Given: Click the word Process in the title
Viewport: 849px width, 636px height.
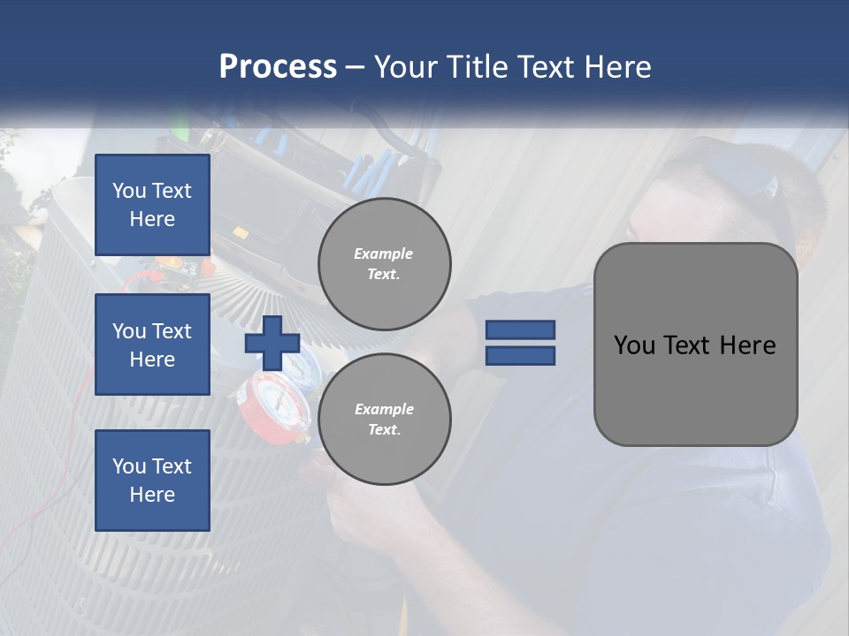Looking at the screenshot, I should click(278, 67).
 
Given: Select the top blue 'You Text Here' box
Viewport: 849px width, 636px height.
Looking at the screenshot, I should click(152, 205).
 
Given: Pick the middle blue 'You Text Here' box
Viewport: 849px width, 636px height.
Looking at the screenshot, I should click(152, 344).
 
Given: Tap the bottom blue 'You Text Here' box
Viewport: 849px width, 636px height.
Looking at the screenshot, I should click(152, 481).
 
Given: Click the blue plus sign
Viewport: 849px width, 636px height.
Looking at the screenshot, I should click(272, 343).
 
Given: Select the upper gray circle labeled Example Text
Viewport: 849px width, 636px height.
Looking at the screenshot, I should click(384, 264).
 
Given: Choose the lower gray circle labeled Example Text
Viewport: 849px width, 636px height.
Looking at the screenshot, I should click(384, 420).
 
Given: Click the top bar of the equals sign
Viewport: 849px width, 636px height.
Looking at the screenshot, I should click(520, 329).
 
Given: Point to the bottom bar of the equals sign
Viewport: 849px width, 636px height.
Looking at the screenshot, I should click(520, 355).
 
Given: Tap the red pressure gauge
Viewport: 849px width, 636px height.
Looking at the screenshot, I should click(277, 402).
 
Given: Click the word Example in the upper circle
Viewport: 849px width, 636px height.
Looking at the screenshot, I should click(384, 254).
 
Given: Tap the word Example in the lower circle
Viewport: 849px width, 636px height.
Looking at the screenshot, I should click(384, 409).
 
